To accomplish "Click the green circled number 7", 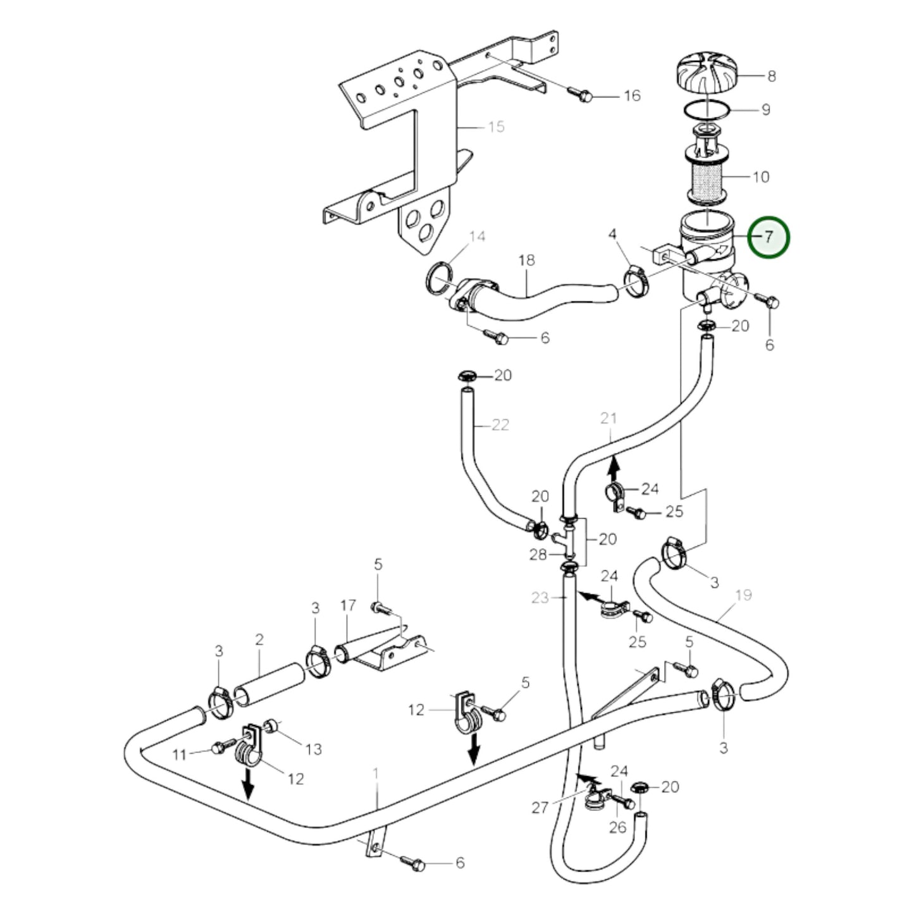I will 769,237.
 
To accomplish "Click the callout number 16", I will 632,96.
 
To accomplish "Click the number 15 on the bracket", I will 497,127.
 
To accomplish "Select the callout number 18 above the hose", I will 526,260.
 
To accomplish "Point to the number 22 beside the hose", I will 500,425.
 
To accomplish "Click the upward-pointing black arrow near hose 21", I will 613,469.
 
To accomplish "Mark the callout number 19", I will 744,595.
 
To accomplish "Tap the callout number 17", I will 348,605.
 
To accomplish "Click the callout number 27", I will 540,808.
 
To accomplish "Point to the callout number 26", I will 617,827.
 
